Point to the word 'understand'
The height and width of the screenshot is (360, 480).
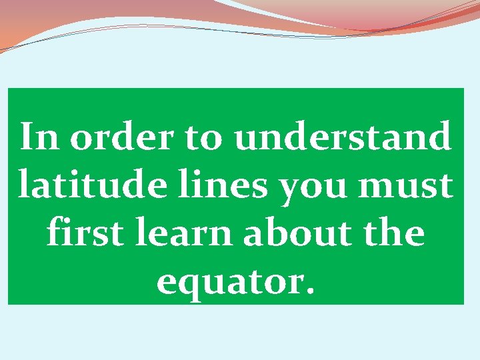click(342, 138)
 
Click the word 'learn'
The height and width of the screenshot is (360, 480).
click(176, 234)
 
